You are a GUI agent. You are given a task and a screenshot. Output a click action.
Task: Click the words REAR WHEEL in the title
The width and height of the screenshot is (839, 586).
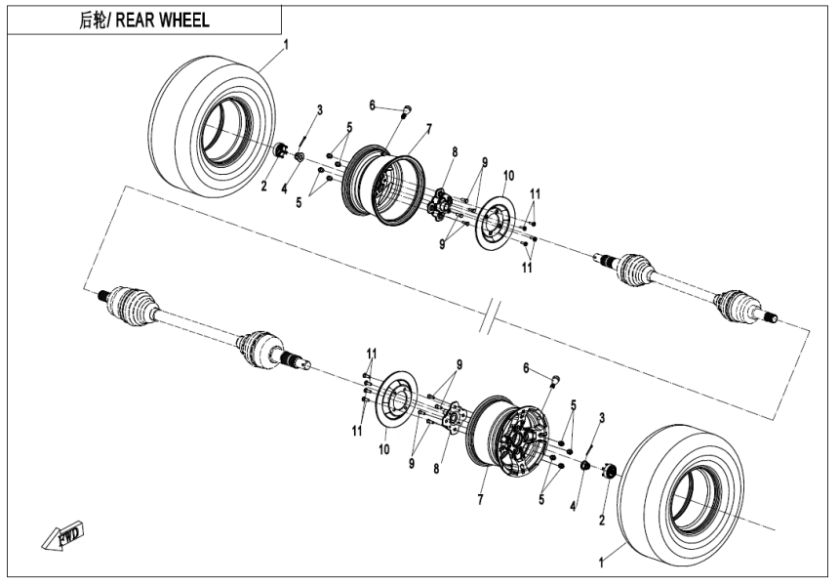click(162, 21)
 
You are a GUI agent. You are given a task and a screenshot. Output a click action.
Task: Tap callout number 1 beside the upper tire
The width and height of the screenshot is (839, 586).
click(286, 45)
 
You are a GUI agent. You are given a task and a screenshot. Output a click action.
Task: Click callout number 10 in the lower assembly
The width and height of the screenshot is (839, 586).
click(383, 451)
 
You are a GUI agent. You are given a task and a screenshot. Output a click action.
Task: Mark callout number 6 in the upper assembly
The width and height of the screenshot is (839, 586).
click(372, 105)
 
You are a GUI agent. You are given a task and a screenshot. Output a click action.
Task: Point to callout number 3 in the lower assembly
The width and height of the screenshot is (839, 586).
click(603, 417)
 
